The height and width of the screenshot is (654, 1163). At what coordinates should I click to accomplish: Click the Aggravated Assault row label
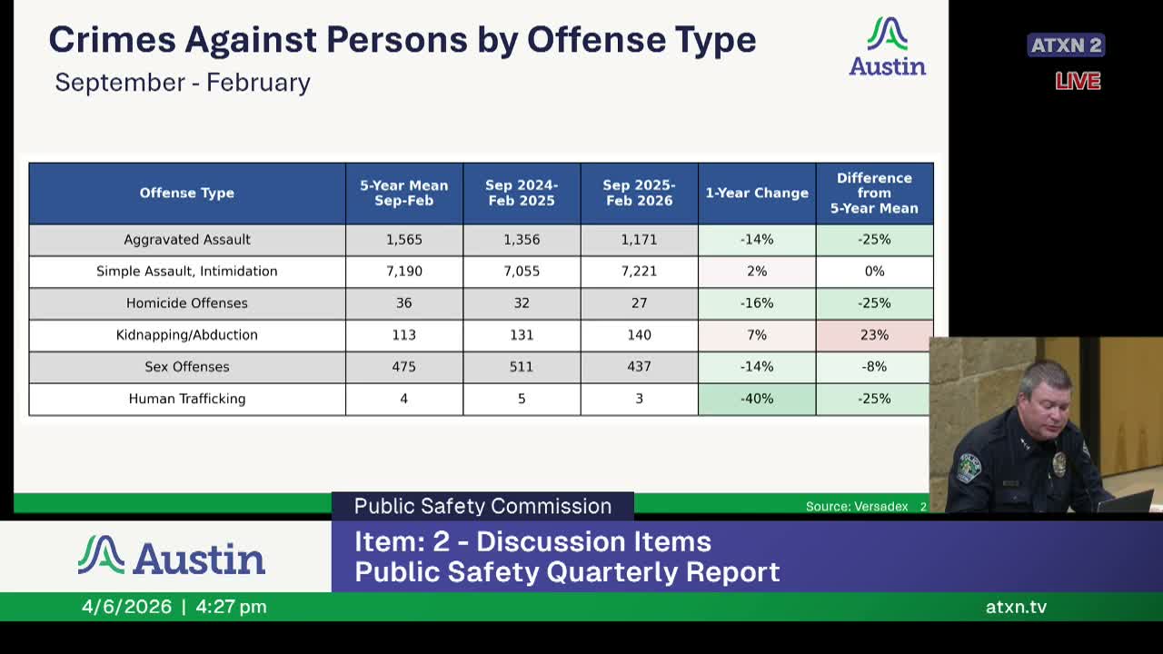(x=187, y=240)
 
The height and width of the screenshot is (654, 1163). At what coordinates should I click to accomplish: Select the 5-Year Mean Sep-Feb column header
(x=404, y=193)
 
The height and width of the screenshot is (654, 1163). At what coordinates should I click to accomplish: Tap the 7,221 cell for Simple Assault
(x=639, y=272)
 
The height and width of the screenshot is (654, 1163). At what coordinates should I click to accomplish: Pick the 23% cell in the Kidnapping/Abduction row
(x=874, y=335)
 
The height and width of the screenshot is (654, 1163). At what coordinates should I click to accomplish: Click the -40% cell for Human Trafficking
(x=757, y=399)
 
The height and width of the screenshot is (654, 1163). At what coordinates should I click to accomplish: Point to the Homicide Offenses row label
(x=187, y=303)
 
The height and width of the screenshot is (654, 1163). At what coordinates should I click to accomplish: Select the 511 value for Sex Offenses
(x=522, y=367)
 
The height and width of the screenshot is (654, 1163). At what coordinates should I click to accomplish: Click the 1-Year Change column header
(x=757, y=193)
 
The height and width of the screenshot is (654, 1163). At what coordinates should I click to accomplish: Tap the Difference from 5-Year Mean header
(x=874, y=193)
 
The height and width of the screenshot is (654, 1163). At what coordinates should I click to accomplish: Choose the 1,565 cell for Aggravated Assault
(x=404, y=240)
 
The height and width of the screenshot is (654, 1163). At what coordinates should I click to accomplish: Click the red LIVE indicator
(x=1078, y=82)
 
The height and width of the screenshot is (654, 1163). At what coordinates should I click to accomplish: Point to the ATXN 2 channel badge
(x=1066, y=45)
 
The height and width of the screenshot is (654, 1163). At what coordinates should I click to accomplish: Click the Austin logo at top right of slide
(x=888, y=47)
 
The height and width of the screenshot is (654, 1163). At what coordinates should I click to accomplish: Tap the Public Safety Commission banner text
(x=482, y=506)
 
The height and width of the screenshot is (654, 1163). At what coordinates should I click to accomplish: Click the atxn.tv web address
(x=1016, y=607)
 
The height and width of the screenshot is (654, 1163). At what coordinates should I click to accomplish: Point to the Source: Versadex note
(x=857, y=506)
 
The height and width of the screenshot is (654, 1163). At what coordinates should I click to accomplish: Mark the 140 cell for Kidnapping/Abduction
(x=639, y=335)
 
